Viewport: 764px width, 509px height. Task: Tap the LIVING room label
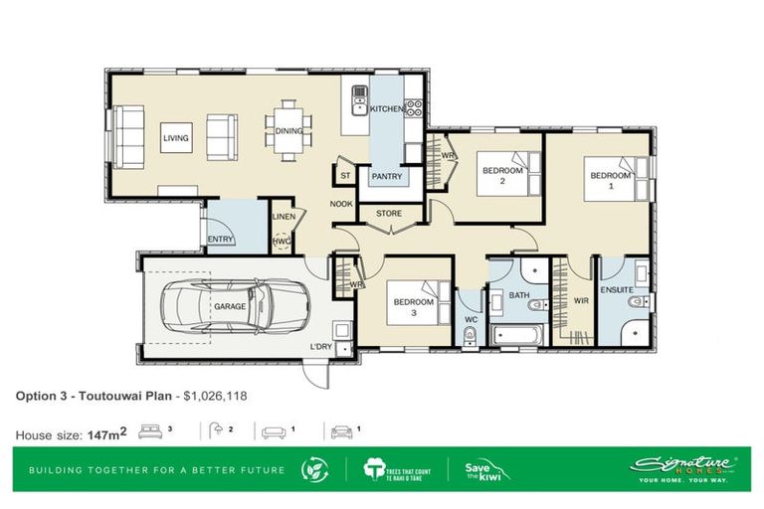(x=176, y=138)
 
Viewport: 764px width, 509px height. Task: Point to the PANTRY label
(x=386, y=177)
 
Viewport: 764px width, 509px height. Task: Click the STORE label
(x=388, y=212)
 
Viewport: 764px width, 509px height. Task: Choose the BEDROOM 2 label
(x=502, y=175)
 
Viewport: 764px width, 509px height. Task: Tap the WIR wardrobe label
(x=581, y=300)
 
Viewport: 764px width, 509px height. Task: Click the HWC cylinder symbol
(x=282, y=240)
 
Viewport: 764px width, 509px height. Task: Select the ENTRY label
(x=220, y=239)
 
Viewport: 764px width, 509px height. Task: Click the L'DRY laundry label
(x=320, y=346)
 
